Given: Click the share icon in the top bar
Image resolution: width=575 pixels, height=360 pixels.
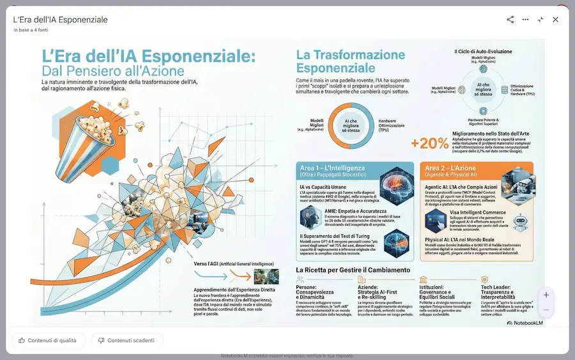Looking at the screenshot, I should [510, 20].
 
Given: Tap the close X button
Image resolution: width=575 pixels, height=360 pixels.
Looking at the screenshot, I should [555, 20].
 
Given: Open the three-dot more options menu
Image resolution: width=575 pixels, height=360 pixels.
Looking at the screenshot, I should [525, 20].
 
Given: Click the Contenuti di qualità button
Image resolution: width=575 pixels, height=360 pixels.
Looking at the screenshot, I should [48, 340].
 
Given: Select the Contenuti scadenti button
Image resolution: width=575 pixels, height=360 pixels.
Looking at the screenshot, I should [126, 340].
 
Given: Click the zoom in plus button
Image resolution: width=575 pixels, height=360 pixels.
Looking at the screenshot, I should [546, 295].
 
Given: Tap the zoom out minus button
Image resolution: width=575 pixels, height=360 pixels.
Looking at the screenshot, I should [546, 310].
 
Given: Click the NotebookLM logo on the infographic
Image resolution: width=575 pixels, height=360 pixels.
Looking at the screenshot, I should [521, 324].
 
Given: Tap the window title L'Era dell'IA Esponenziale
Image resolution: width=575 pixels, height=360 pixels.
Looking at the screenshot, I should [61, 20].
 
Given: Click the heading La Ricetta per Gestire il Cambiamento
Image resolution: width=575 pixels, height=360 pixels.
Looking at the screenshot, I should [353, 270].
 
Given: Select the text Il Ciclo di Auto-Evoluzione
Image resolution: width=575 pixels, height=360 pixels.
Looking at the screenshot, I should [483, 51].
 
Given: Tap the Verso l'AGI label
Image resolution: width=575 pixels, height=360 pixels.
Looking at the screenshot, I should [233, 263].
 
